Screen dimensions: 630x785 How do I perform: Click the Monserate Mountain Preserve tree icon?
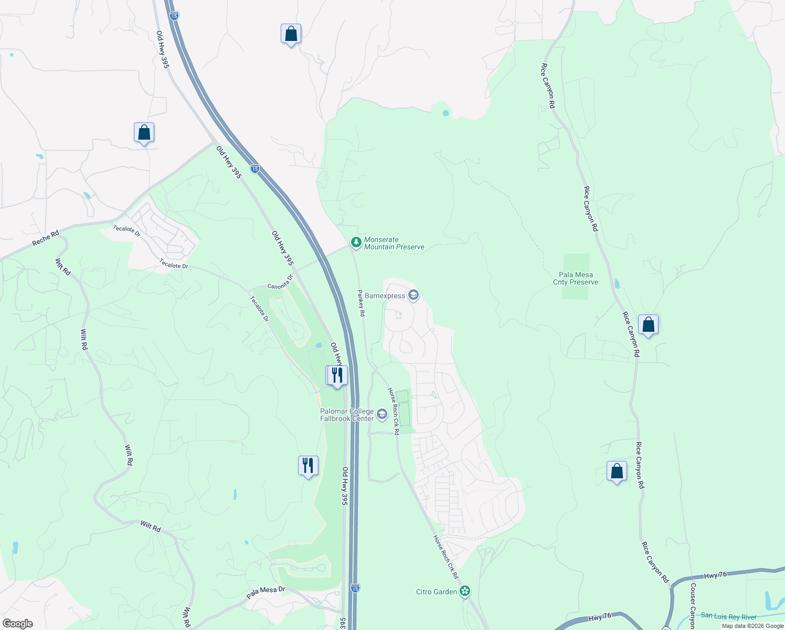(356, 242)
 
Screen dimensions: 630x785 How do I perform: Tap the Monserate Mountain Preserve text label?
(394, 243)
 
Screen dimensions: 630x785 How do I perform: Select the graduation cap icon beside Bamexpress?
(413, 296)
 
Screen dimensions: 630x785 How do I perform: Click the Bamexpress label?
(385, 296)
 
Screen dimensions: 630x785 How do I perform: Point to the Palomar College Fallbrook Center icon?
(382, 415)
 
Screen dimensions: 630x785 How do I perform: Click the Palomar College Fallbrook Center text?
(347, 415)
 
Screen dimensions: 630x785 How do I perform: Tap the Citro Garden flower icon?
(464, 592)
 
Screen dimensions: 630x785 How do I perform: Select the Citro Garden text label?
(437, 592)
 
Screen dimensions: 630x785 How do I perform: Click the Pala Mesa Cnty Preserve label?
(576, 278)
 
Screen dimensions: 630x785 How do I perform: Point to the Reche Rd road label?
(46, 237)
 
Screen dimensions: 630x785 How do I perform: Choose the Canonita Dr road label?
(280, 283)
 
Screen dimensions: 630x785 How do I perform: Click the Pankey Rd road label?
(361, 303)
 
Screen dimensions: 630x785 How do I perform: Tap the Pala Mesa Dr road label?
(266, 593)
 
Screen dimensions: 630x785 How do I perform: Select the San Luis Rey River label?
(729, 616)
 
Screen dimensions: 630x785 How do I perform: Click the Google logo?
(17, 624)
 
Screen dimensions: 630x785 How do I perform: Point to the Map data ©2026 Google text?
(752, 626)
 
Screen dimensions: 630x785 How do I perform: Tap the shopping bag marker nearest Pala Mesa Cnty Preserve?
(648, 325)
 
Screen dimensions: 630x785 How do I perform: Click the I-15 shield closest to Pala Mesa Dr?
(355, 588)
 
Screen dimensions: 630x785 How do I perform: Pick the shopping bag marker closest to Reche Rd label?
(144, 133)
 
